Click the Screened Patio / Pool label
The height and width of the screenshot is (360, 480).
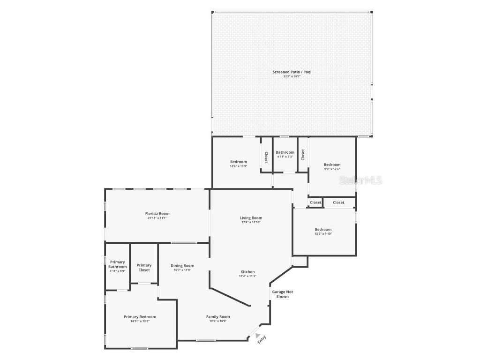pyautogui.click(x=292, y=72)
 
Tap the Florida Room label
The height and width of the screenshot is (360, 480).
pyautogui.click(x=157, y=214)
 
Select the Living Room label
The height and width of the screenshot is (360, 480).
pyautogui.click(x=251, y=218)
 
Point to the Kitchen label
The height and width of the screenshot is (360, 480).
pyautogui.click(x=247, y=272)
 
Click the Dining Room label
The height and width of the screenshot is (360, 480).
pyautogui.click(x=182, y=266)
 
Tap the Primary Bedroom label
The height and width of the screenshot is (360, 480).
pyautogui.click(x=140, y=317)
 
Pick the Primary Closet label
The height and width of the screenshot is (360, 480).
pyautogui.click(x=144, y=268)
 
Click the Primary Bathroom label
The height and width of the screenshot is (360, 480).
pyautogui.click(x=117, y=264)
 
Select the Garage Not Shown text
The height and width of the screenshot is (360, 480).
pyautogui.click(x=283, y=294)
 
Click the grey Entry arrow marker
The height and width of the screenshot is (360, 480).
pyautogui.click(x=257, y=335)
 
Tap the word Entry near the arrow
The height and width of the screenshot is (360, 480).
pyautogui.click(x=262, y=339)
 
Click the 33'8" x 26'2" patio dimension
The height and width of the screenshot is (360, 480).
pyautogui.click(x=292, y=76)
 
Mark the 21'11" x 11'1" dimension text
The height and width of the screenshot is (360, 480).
pyautogui.click(x=157, y=218)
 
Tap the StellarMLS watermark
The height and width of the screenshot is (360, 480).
pyautogui.click(x=360, y=180)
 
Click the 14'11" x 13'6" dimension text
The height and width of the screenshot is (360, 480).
pyautogui.click(x=140, y=321)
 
